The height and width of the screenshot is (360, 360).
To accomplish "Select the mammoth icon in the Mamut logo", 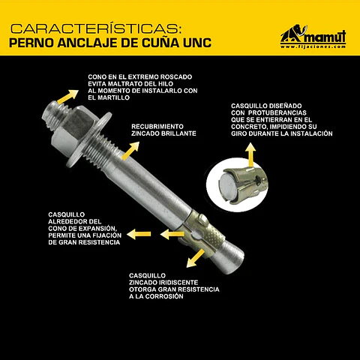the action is (293, 33).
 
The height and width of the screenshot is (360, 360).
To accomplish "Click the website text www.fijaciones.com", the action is (313, 46).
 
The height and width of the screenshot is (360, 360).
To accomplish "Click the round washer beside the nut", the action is (89, 140).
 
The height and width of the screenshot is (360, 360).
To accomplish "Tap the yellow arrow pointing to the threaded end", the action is (67, 97).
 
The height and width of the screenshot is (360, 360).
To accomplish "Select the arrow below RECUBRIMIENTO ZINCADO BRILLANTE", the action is (130, 151).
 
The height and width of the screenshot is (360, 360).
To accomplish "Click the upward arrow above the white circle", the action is (250, 154).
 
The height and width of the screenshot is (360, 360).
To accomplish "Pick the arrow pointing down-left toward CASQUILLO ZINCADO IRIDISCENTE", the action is (196, 258).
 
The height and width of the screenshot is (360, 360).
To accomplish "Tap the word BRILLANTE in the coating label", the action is (178, 133).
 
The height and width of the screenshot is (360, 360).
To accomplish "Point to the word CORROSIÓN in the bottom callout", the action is (164, 296).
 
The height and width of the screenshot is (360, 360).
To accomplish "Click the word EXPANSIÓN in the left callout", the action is (97, 229).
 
